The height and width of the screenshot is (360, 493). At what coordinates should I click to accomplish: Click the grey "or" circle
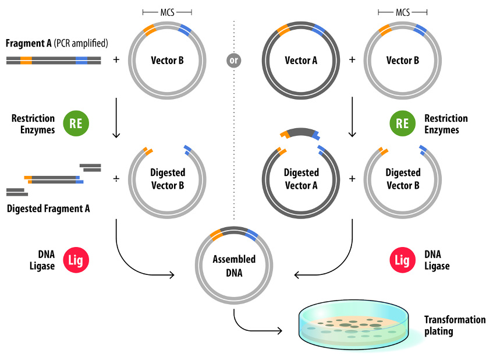tap(233, 60)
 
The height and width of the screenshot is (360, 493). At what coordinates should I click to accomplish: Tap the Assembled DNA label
tap(234, 266)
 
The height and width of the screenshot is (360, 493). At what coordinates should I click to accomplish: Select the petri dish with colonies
tap(354, 324)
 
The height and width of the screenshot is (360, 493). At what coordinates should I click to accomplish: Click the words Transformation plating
tap(455, 326)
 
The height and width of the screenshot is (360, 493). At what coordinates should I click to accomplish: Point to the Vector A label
tap(301, 60)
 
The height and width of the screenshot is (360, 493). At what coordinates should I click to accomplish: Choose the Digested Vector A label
tap(301, 179)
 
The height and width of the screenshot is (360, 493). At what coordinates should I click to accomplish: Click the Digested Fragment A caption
tap(48, 209)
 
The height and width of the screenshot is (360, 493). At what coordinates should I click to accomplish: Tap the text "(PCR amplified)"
tap(81, 43)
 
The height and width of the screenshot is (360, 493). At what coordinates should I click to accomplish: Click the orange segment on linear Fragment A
tap(26, 60)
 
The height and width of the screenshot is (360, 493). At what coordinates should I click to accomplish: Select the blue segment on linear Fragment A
tap(81, 60)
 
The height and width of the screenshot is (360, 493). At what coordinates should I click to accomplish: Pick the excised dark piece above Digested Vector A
tap(300, 133)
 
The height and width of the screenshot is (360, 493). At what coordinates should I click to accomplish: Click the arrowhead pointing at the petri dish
tap(279, 331)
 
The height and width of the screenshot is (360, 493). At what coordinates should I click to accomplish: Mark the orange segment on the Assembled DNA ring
tap(216, 235)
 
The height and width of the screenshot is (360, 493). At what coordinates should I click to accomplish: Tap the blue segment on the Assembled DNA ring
tap(251, 235)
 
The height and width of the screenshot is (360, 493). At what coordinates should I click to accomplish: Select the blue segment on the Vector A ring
tap(318, 30)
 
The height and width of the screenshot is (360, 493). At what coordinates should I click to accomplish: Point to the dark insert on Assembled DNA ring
tap(234, 230)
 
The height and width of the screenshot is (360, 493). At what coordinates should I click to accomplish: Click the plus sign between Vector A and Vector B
tap(352, 59)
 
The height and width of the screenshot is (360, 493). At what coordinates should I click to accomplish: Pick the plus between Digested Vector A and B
tap(352, 179)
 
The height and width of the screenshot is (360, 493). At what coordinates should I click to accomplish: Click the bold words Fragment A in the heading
tap(29, 43)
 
